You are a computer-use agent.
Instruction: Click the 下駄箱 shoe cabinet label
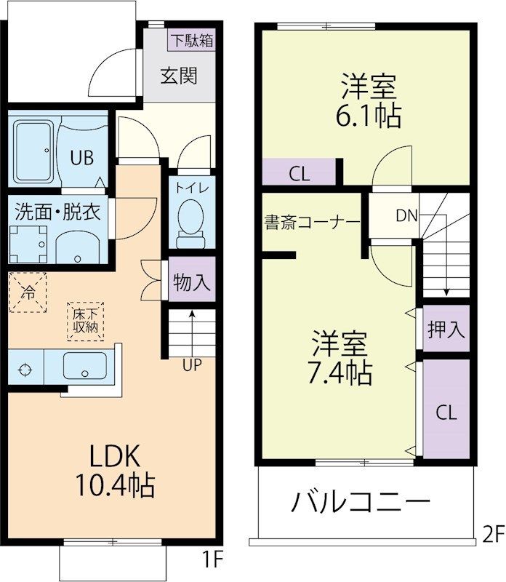(x=192, y=40)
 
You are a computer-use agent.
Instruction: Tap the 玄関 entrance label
(x=179, y=75)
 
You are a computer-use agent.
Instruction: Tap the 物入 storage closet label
(x=193, y=282)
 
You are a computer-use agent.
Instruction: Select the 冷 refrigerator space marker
(x=28, y=293)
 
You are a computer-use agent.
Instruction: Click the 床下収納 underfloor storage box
(x=86, y=321)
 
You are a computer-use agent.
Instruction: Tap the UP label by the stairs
(x=191, y=366)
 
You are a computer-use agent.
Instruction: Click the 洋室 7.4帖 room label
(x=340, y=358)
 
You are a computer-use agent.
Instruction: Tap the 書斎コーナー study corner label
(x=312, y=221)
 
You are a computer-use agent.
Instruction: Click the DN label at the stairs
(x=407, y=215)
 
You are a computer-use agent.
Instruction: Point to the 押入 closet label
(x=446, y=329)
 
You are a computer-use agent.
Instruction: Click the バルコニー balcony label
(x=361, y=502)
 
